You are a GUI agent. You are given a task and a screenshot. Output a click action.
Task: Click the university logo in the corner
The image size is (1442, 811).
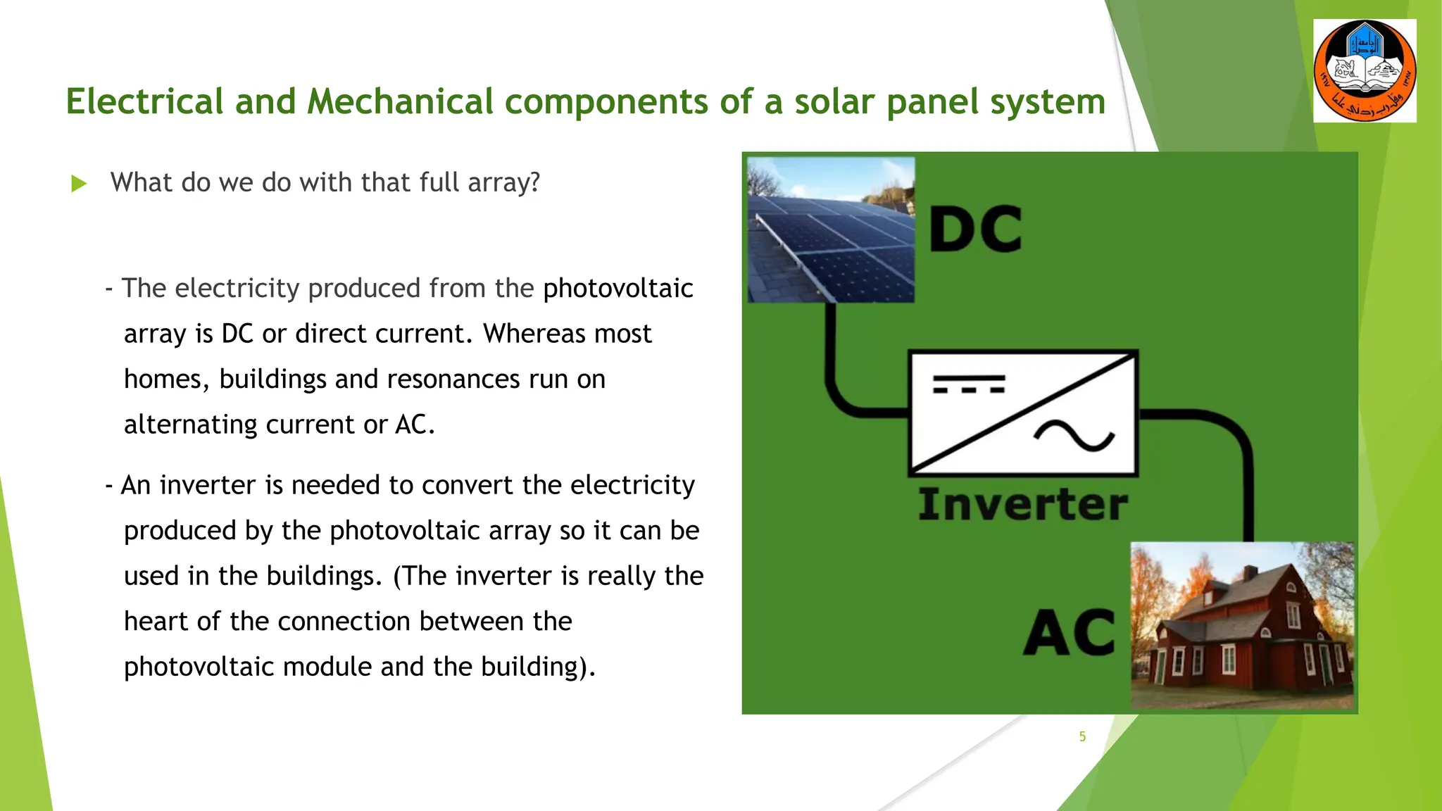click(1365, 70)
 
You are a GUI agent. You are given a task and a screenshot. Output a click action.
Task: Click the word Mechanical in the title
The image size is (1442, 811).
click(400, 101)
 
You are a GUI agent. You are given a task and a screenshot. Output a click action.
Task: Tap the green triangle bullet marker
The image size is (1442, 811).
click(79, 184)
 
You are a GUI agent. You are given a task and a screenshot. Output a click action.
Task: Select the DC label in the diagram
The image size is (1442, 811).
click(975, 230)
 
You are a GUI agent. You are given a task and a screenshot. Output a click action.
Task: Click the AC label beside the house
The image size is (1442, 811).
click(1069, 632)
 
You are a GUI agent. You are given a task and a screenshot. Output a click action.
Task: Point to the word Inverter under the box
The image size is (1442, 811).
click(1022, 505)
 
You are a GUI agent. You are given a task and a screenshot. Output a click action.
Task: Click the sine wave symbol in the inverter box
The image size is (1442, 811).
click(1074, 436)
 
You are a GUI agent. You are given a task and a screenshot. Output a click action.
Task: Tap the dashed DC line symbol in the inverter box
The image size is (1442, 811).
click(968, 384)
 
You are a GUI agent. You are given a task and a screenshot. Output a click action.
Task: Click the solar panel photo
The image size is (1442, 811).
click(831, 230)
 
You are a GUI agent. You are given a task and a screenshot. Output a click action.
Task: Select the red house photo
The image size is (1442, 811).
click(1242, 625)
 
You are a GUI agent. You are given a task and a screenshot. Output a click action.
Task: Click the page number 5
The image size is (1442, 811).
click(1082, 736)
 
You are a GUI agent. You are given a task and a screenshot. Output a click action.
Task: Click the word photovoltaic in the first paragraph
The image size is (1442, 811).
click(618, 289)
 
